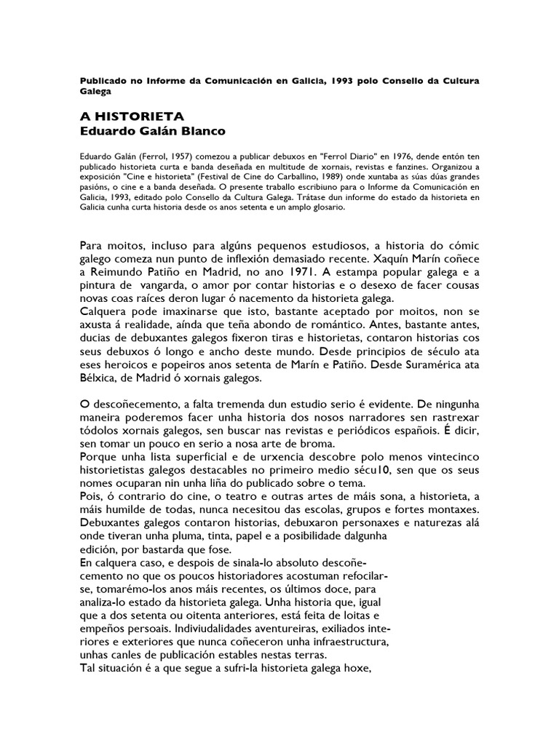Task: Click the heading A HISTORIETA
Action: [x=131, y=116]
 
